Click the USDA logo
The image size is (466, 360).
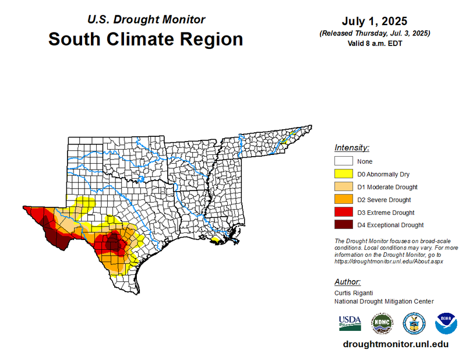pos(350,322)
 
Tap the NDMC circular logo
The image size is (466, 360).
pos(382,323)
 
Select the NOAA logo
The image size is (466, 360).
pos(446,323)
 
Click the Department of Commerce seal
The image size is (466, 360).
pos(414,323)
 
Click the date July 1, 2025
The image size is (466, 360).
pos(375,22)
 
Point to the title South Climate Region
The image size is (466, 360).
pos(146,40)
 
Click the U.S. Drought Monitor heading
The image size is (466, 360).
pos(146,19)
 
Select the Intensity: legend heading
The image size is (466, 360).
pos(352,148)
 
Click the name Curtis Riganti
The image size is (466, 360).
pos(354,292)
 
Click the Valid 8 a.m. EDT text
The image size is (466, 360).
pos(375,43)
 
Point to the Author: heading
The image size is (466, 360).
pos(348,281)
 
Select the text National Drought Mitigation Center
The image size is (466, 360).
pos(384,301)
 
